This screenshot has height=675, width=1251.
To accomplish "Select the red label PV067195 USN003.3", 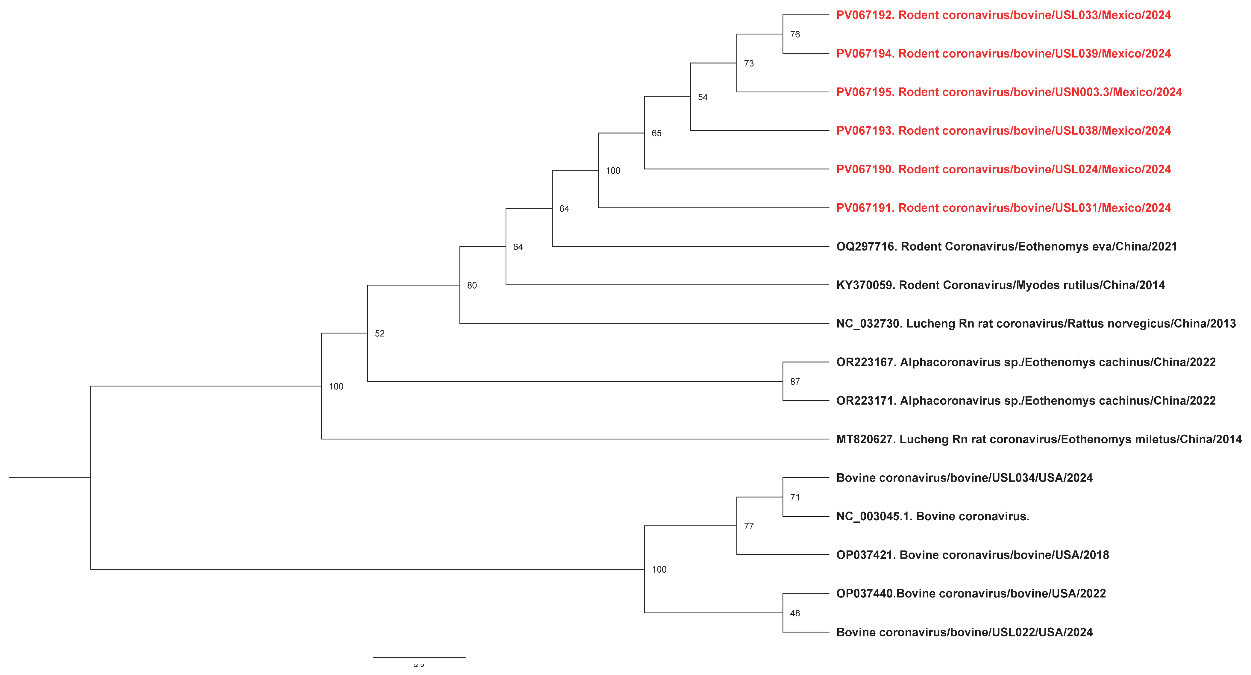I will pyautogui.click(x=1009, y=92).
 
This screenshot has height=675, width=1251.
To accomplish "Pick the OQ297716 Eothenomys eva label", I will pyautogui.click(x=1006, y=247).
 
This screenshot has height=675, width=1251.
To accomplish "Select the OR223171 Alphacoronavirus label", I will pyautogui.click(x=1026, y=401).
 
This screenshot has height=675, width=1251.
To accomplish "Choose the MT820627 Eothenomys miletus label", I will pyautogui.click(x=1038, y=439).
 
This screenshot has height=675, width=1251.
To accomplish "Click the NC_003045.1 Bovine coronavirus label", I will pyautogui.click(x=932, y=516).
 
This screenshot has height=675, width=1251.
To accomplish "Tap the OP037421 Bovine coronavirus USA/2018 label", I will pyautogui.click(x=972, y=555).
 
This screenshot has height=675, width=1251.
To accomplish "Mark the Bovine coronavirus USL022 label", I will pyautogui.click(x=964, y=632).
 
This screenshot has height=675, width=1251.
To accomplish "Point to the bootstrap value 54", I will pyautogui.click(x=703, y=97).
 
